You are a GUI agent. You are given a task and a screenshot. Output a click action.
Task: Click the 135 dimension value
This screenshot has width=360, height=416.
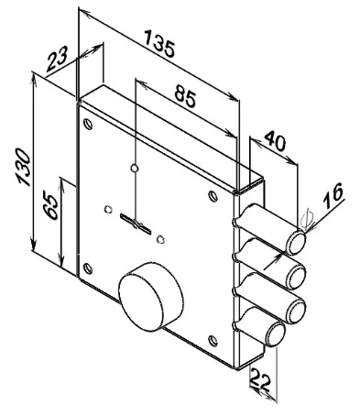pyautogui.click(x=160, y=43)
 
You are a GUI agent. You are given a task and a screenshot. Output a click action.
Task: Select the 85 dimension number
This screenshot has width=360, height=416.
pyautogui.click(x=185, y=96)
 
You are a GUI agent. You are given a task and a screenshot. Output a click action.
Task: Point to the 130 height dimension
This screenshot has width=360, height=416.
pyautogui.click(x=24, y=167)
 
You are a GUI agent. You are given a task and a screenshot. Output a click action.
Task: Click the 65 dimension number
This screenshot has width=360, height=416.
pyautogui.click(x=50, y=205)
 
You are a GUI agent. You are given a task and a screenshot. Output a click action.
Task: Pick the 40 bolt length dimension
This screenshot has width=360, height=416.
pyautogui.click(x=275, y=141)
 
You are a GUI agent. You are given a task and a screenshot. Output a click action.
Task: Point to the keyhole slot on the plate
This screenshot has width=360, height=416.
pyautogui.click(x=136, y=224)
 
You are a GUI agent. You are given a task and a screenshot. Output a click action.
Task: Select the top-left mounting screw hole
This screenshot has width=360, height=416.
pyautogui.click(x=88, y=124)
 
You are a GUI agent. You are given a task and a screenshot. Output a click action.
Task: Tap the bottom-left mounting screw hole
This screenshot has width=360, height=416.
pyautogui.click(x=88, y=268)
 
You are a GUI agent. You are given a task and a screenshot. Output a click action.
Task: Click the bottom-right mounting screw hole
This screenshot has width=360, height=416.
pyautogui.click(x=213, y=341)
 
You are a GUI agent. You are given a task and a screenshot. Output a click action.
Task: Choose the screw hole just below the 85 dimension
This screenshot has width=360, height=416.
pyautogui.click(x=213, y=196)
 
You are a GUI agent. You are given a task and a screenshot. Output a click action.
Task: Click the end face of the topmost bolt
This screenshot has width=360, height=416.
pyautogui.click(x=296, y=243)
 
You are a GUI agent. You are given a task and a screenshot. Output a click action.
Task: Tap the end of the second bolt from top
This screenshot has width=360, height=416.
pyautogui.click(x=296, y=277)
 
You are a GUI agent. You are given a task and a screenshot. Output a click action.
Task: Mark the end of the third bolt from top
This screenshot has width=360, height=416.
pyautogui.click(x=296, y=312)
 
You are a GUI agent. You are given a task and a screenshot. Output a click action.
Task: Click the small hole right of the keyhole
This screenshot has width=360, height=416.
pyautogui.click(x=160, y=240)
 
